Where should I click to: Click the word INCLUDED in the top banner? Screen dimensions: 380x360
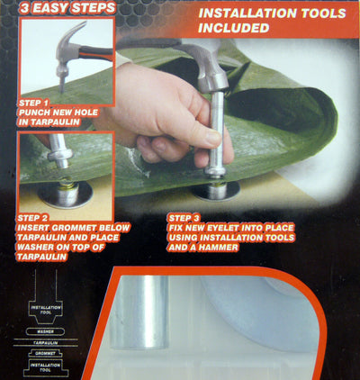[233, 28]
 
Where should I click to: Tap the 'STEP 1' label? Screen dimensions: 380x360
[33, 104]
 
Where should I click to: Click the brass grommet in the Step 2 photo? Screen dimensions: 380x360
[64, 191]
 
